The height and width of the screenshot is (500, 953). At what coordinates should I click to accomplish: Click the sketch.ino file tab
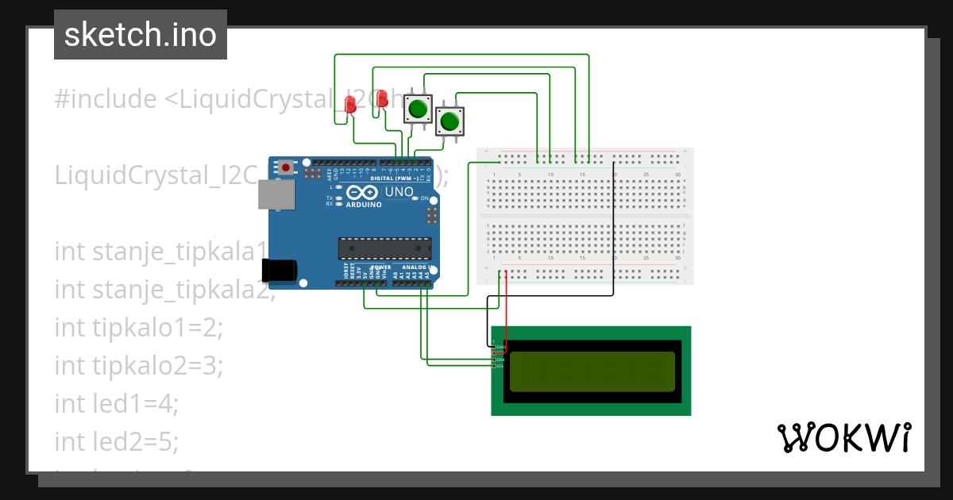click(141, 35)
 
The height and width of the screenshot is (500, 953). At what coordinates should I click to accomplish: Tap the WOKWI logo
click(843, 437)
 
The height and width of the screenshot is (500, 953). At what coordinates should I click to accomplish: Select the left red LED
click(350, 104)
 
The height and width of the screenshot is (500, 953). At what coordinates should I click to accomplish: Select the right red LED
click(382, 98)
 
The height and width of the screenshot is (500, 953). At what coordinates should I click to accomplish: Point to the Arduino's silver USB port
click(276, 194)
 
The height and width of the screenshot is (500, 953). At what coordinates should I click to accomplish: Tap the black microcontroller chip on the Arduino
click(384, 248)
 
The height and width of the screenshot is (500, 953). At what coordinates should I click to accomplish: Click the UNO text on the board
click(399, 192)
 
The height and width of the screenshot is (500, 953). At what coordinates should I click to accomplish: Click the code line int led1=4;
click(117, 403)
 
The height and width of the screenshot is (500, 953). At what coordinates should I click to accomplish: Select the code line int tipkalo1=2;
click(139, 326)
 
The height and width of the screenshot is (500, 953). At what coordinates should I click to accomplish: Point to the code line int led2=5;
click(117, 441)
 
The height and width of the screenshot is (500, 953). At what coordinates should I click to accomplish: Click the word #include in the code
click(106, 99)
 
